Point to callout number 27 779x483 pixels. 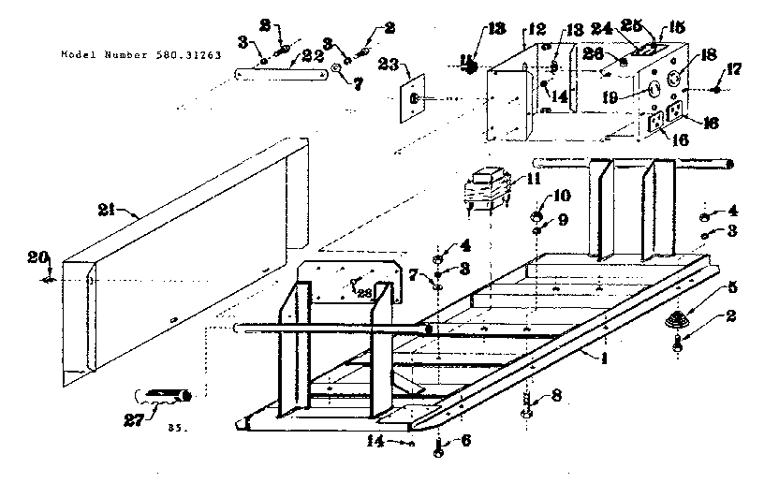148,417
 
